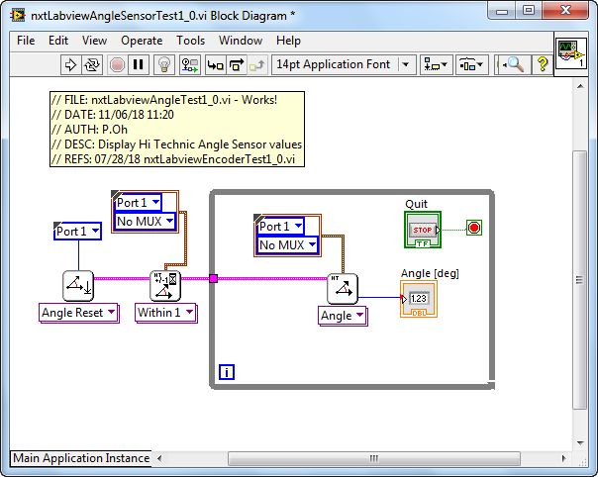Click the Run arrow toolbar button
point(70,64)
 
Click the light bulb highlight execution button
point(164,64)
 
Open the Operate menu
point(142,41)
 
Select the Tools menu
point(190,41)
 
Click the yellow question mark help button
point(543,64)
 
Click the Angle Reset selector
point(79,313)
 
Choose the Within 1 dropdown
point(166,313)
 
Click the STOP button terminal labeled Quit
point(423,230)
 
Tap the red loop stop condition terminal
point(474,228)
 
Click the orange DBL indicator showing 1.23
point(419,299)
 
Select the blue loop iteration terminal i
point(227,372)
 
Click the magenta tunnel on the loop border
point(213,278)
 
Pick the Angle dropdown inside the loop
point(343,316)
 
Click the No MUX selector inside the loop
point(287,244)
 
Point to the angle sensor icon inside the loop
point(343,289)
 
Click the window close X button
point(565,10)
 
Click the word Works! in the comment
point(259,100)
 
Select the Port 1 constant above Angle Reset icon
point(77,231)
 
